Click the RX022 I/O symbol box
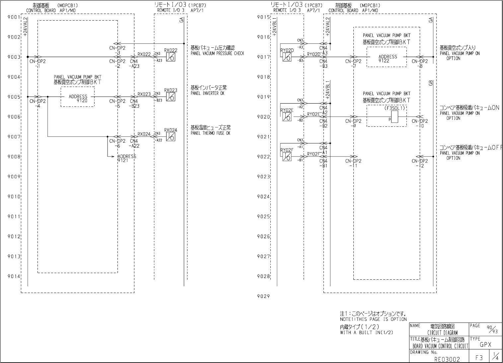[171, 57]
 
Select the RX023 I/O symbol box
[171, 97]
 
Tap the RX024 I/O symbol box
[171, 137]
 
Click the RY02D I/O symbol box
[287, 57]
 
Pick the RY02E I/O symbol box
[287, 117]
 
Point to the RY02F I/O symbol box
[287, 157]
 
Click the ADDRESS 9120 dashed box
[78, 97]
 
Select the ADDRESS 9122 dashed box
[387, 57]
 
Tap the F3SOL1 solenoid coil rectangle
[394, 117]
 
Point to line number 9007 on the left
[14, 137]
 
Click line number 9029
[263, 297]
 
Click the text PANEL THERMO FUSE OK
[210, 133]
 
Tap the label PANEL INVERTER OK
[207, 94]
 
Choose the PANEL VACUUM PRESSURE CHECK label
[217, 53]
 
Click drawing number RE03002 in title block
[447, 359]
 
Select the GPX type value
[485, 345]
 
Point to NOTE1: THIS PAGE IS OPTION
[373, 319]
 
